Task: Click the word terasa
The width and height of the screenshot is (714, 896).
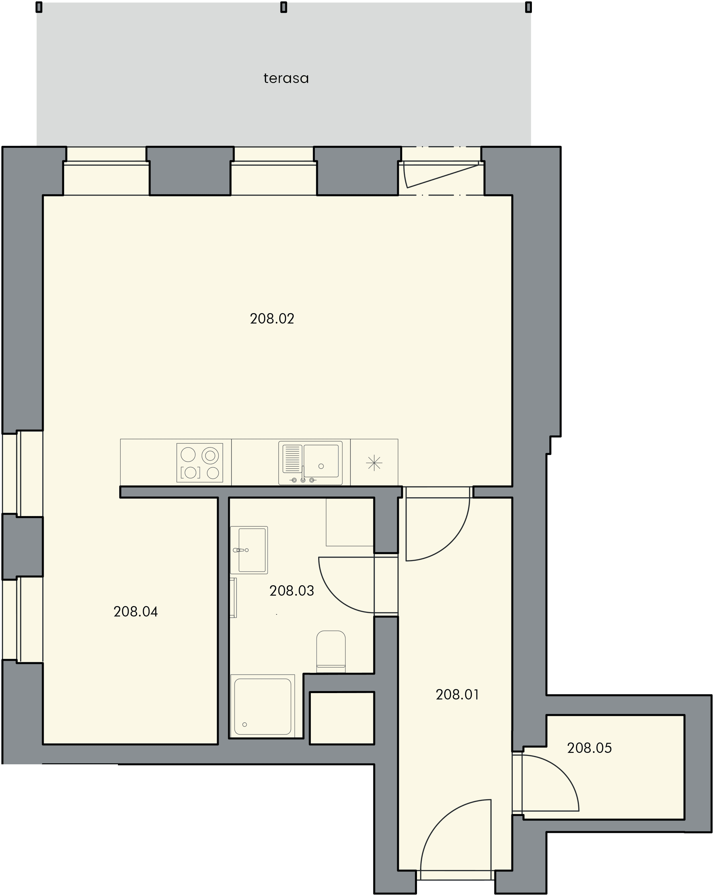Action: (x=286, y=78)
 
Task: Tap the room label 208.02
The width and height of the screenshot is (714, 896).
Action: (x=272, y=319)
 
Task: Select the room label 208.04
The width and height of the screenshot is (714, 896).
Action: (x=135, y=612)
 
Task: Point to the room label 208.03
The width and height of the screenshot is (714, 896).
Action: (x=292, y=591)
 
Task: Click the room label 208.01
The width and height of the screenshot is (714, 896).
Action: (x=457, y=694)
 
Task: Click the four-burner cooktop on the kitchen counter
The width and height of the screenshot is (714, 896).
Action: (x=200, y=463)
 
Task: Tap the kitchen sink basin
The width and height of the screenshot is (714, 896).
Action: (x=321, y=461)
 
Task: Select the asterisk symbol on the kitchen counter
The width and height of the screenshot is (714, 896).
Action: (x=374, y=463)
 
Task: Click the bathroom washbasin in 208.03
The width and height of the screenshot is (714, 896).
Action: (x=249, y=550)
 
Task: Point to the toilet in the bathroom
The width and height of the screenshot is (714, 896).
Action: (x=331, y=651)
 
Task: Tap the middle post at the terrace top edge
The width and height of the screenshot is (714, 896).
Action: (x=284, y=7)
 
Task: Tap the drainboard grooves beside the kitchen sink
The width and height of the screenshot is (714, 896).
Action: (x=292, y=459)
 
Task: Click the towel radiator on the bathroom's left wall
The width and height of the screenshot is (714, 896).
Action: (x=234, y=598)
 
